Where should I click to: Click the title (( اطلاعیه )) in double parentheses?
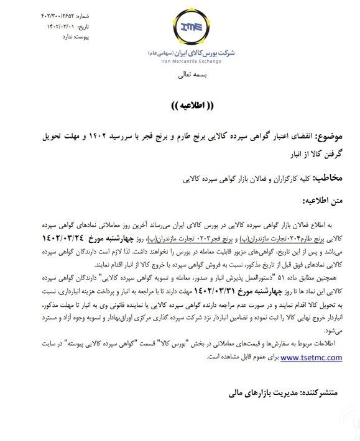tap(180, 104)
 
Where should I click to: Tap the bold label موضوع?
tap(336, 136)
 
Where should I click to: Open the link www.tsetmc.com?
tap(312, 357)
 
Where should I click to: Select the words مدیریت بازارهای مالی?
tap(261, 393)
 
